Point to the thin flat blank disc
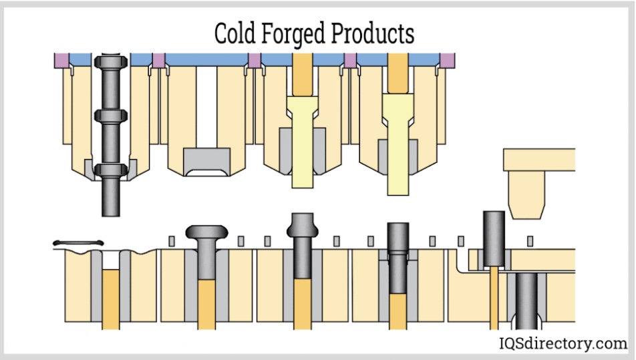click(77, 242)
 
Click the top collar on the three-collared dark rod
click(111, 66)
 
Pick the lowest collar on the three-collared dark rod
click(111, 170)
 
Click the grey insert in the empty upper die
click(206, 162)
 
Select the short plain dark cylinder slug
click(494, 237)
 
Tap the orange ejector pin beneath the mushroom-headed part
click(206, 304)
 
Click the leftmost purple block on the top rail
click(61, 60)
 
